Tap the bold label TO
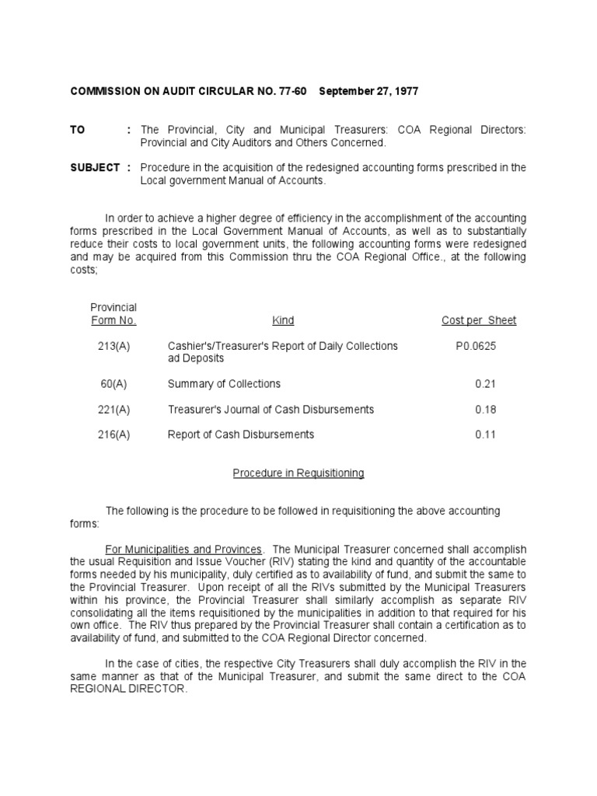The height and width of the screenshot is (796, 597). pos(77,131)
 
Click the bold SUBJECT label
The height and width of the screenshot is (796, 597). pos(94,167)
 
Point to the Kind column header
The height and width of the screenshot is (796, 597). pos(283,320)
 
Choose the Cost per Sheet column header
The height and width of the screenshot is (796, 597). pos(478,320)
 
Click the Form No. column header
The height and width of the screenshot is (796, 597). pos(113,320)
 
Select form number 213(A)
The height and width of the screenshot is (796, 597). pos(114,345)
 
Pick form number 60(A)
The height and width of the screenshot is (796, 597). pos(114,384)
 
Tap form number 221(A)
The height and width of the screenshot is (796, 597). pos(114,409)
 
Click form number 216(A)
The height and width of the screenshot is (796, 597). pos(114,435)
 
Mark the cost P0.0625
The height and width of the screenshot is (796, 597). pos(476,345)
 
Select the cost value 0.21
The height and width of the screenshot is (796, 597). pos(485,384)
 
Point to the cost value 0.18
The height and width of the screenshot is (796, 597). pos(485,409)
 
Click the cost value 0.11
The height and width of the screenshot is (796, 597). pos(485,435)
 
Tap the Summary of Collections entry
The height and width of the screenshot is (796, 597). pos(224,384)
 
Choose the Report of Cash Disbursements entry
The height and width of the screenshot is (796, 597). pos(241,435)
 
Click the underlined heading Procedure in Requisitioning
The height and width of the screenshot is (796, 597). pos(298,473)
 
